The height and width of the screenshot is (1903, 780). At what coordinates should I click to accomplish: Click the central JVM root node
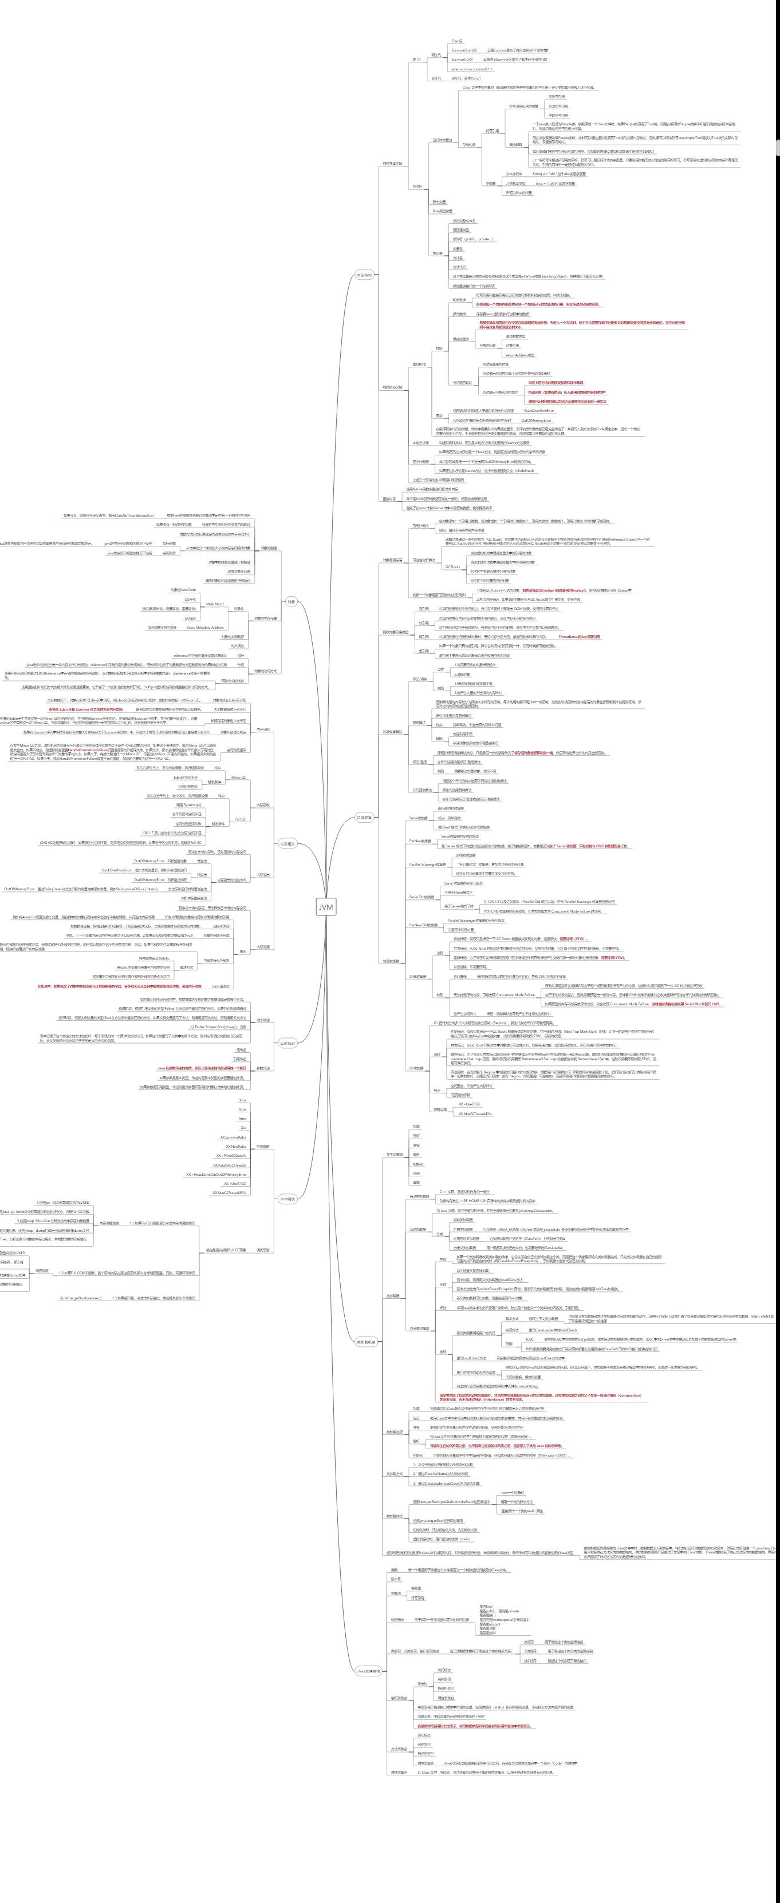(326, 906)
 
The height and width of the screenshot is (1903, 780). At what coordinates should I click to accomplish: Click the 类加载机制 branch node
(366, 1342)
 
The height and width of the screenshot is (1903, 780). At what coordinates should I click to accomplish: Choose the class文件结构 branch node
(368, 1670)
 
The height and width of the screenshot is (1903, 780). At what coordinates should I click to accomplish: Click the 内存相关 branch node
(287, 843)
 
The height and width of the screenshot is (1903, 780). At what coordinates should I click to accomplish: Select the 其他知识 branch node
(287, 1043)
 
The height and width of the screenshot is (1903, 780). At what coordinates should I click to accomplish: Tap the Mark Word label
(214, 604)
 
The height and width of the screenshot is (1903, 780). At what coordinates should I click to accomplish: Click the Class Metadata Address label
(205, 627)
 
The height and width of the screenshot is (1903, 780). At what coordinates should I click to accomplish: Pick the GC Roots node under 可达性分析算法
(452, 566)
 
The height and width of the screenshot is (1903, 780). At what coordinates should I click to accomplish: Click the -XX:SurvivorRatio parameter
(233, 1137)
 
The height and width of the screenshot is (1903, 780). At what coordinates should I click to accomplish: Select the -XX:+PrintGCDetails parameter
(231, 1155)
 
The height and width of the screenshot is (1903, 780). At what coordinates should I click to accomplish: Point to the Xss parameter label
(242, 1127)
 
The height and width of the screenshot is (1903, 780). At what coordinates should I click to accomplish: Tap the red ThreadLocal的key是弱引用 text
(579, 636)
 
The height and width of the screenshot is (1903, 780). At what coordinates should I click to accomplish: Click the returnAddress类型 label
(520, 355)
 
